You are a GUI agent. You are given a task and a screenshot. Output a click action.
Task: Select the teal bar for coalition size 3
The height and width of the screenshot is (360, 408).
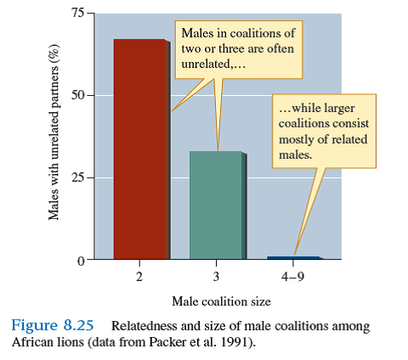216,205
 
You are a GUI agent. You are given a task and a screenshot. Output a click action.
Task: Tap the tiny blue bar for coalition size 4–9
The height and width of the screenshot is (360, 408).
293,257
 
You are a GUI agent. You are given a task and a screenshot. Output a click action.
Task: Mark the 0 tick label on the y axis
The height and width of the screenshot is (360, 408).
79,261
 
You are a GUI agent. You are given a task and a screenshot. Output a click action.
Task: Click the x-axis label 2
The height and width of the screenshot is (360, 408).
139,277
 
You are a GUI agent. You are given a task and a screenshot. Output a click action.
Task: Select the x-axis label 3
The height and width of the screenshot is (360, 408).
216,277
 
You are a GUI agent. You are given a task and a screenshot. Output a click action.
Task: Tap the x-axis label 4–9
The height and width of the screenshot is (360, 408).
293,277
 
